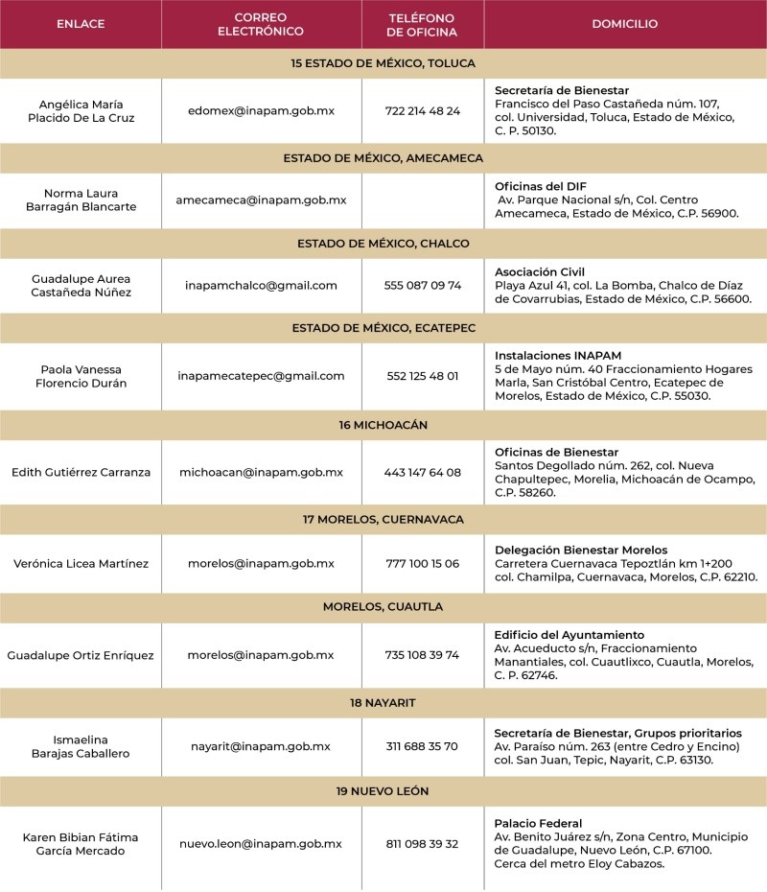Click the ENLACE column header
pos(81,24)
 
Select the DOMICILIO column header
pos(624,24)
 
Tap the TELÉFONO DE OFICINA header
pos(422,24)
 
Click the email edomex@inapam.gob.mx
pos(261,110)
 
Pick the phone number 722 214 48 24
pos(422,110)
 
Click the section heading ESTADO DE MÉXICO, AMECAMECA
pos(383,157)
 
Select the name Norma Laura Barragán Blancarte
pos(81,200)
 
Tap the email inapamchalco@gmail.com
pos(261,285)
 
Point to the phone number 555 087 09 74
pos(422,285)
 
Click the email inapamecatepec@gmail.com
pos(261,375)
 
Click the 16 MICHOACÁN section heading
pos(383,424)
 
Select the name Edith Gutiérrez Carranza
pos(81,472)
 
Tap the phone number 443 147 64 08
pos(422,472)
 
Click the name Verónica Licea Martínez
pos(81,563)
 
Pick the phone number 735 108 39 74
pos(422,655)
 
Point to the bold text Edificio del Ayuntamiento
pos(569,635)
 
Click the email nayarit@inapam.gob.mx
pos(261,746)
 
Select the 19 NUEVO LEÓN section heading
pos(383,791)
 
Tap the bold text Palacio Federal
pos(538,823)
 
